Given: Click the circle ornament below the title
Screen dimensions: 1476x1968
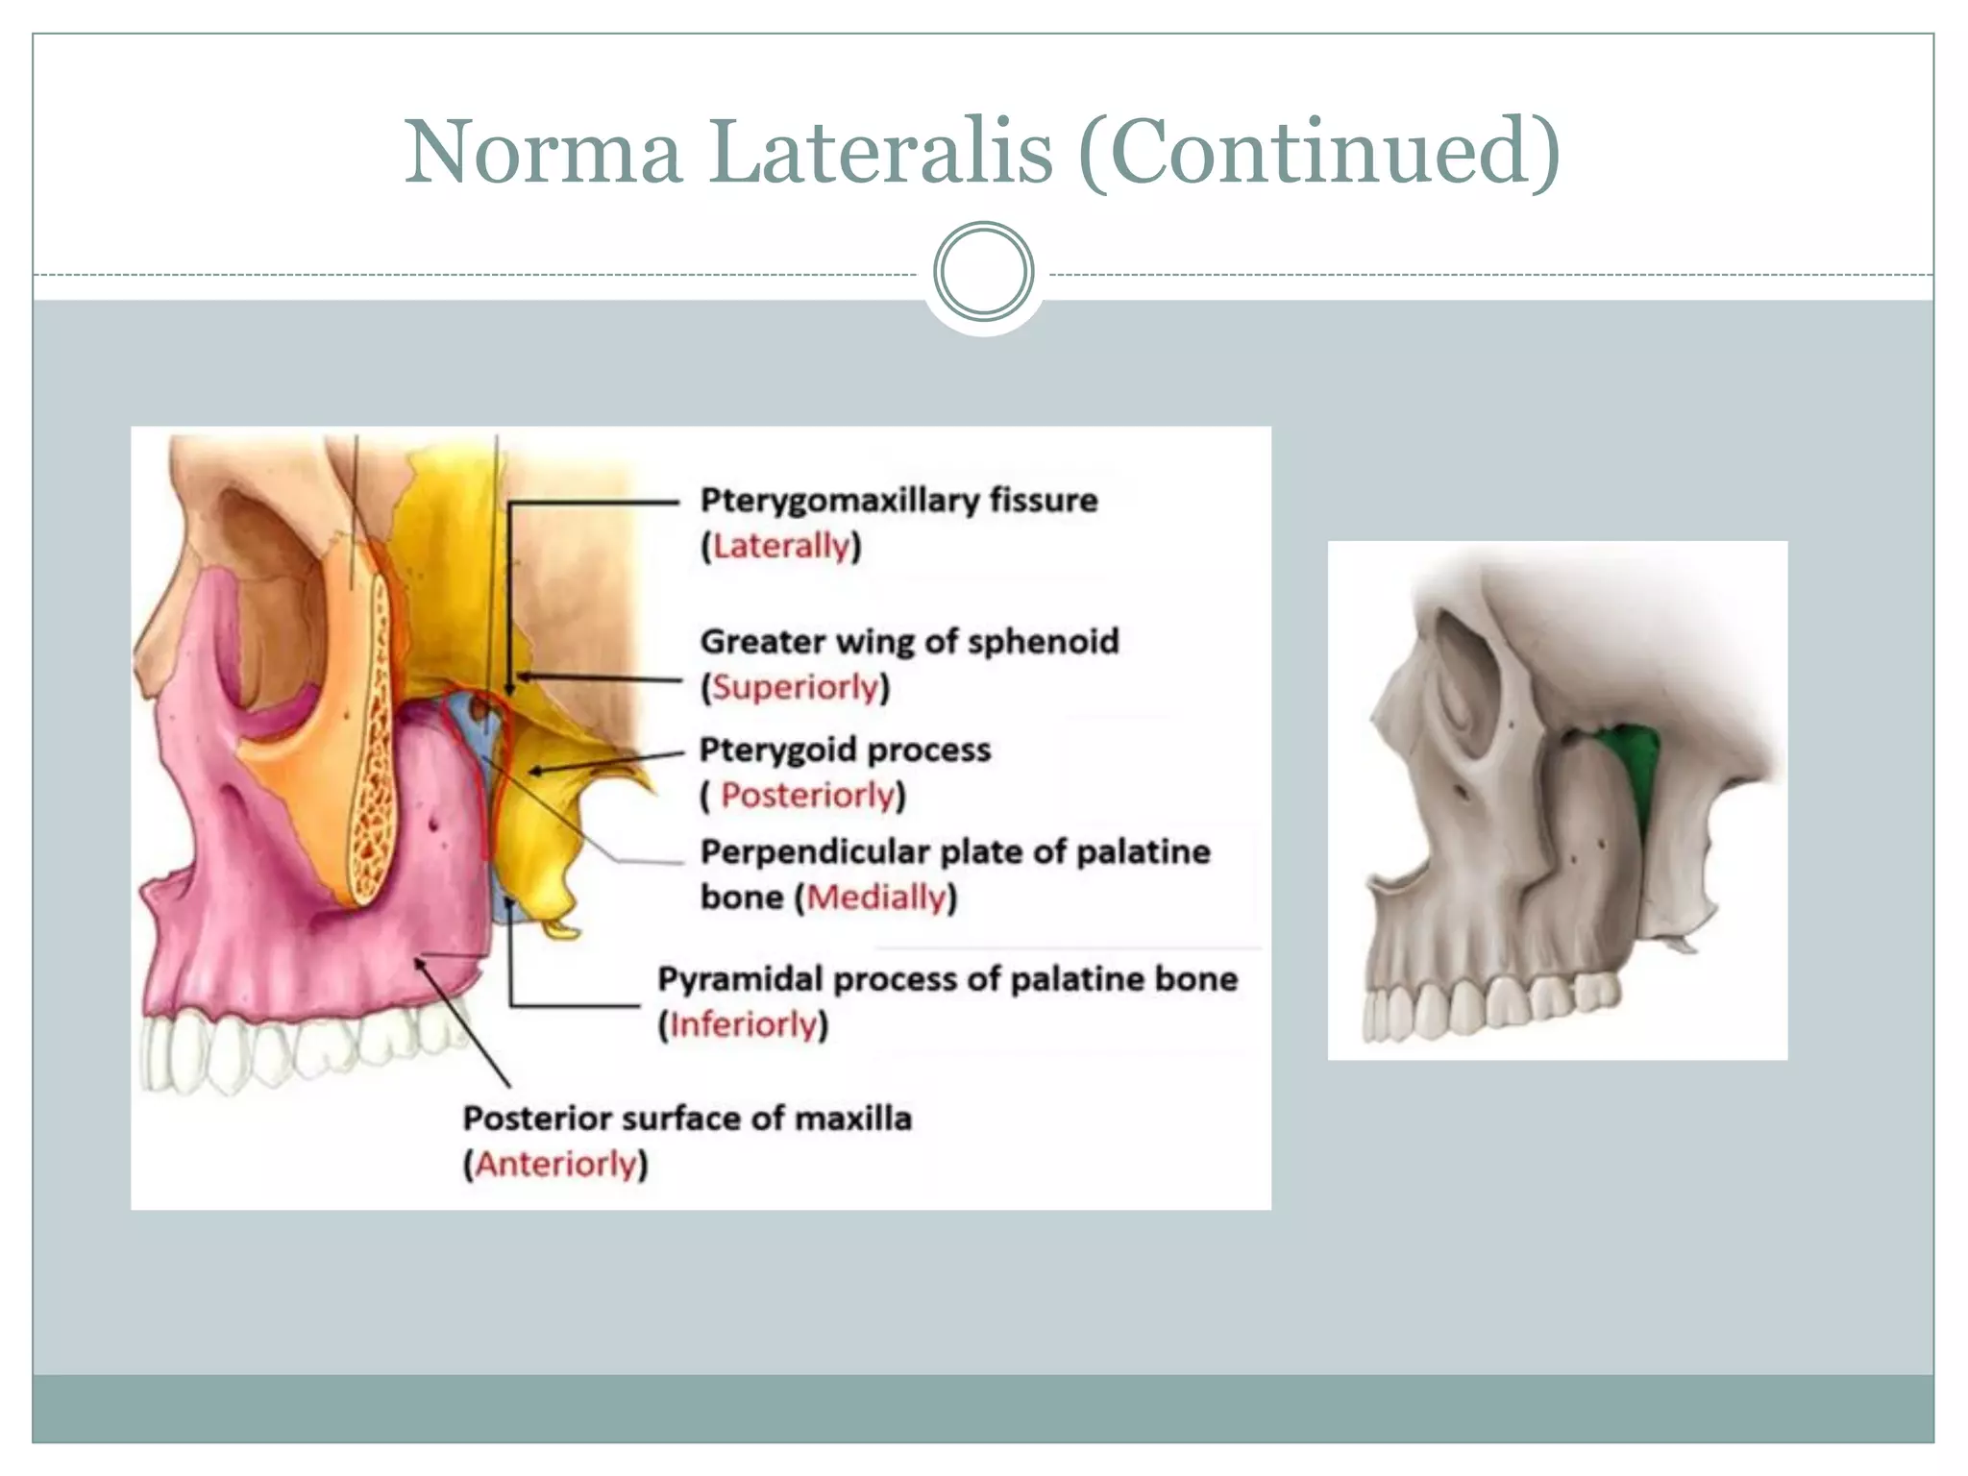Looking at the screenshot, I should click(x=983, y=272).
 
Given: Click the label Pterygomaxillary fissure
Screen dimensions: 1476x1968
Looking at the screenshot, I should click(x=898, y=501).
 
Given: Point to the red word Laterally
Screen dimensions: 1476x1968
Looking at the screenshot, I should click(x=781, y=547).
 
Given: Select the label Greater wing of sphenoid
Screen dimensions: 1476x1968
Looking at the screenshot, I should click(x=909, y=641).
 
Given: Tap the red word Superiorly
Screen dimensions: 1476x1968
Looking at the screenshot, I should click(x=796, y=687).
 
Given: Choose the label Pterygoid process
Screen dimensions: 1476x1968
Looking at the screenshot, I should click(x=845, y=750).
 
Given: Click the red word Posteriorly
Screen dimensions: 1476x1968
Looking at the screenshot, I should click(x=808, y=796).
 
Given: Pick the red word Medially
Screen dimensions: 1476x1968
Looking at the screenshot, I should click(x=876, y=898).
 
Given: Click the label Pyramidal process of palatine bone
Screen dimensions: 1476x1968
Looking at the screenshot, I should click(x=947, y=979).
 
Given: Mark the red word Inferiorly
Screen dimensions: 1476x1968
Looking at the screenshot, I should click(x=743, y=1024).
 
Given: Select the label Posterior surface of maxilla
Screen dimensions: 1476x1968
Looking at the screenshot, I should click(x=687, y=1119).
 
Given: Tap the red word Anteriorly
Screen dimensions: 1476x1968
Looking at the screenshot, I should click(x=556, y=1165).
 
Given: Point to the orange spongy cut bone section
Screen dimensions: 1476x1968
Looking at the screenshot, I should click(x=370, y=750).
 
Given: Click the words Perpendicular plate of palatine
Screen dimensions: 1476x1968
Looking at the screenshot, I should click(x=955, y=852).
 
